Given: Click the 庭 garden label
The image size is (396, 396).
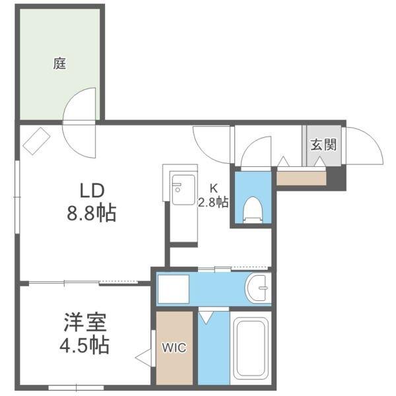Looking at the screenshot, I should pos(60,64).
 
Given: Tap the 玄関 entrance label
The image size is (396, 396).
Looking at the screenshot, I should pos(323,145).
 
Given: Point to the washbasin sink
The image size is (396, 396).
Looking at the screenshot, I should pos(258,288).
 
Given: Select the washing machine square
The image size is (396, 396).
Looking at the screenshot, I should pos(172,288).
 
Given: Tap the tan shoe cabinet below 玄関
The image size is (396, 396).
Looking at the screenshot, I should pos(302,178).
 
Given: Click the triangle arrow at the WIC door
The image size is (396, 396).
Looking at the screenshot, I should pos(143,358).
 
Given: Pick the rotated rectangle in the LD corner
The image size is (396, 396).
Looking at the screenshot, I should pos(36,140).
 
